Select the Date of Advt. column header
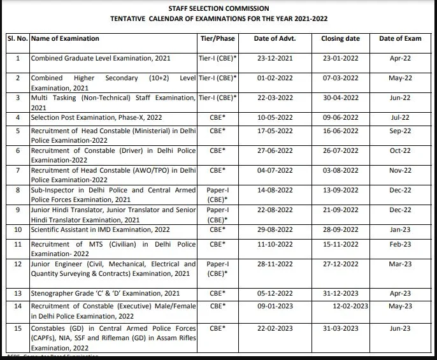click(x=274, y=38)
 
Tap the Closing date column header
click(x=340, y=38)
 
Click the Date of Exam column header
click(x=400, y=38)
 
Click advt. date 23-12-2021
click(x=274, y=58)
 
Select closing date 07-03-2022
click(x=340, y=78)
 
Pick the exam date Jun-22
click(x=400, y=97)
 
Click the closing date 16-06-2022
click(x=340, y=131)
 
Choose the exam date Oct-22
click(x=400, y=150)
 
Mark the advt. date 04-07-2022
click(x=274, y=170)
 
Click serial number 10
click(x=18, y=229)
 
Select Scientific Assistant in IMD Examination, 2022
click(x=101, y=229)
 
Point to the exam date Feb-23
click(x=400, y=244)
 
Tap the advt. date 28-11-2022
click(x=274, y=264)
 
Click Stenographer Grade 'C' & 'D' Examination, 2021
click(x=106, y=293)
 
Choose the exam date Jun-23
click(x=400, y=329)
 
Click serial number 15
click(x=18, y=329)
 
